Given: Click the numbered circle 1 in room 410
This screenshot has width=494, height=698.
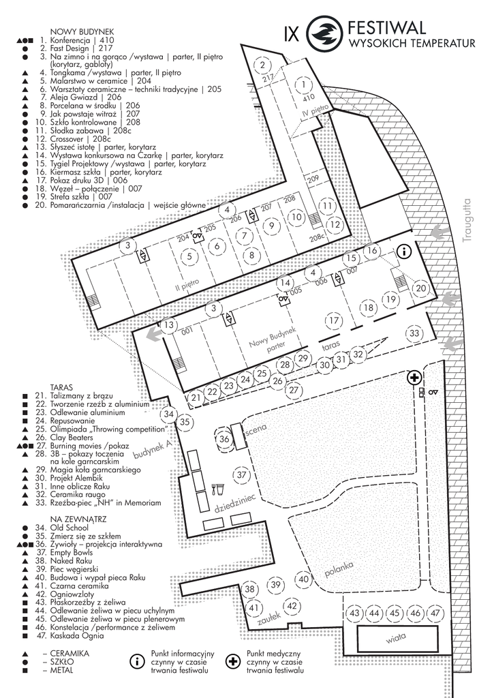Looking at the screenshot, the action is point(303,85).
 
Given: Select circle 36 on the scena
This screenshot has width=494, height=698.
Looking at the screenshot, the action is point(224,439).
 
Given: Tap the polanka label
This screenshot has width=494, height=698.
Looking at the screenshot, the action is point(339,568).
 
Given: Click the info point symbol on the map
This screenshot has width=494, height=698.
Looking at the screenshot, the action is point(404,251).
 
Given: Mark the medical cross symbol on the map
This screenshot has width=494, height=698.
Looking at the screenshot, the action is point(414,377).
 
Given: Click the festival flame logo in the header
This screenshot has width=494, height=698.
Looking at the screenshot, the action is point(324,33).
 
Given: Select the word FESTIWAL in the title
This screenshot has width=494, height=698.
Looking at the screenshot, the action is point(386,28).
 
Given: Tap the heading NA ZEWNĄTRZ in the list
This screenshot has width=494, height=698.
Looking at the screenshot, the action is point(65,518).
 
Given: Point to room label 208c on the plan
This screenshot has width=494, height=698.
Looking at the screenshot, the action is point(315,239).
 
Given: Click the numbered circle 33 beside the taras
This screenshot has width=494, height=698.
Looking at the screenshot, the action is point(414,333).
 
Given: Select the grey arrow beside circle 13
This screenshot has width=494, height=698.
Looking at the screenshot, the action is point(153,335).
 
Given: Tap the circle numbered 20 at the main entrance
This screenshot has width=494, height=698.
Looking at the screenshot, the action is point(422,289).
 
